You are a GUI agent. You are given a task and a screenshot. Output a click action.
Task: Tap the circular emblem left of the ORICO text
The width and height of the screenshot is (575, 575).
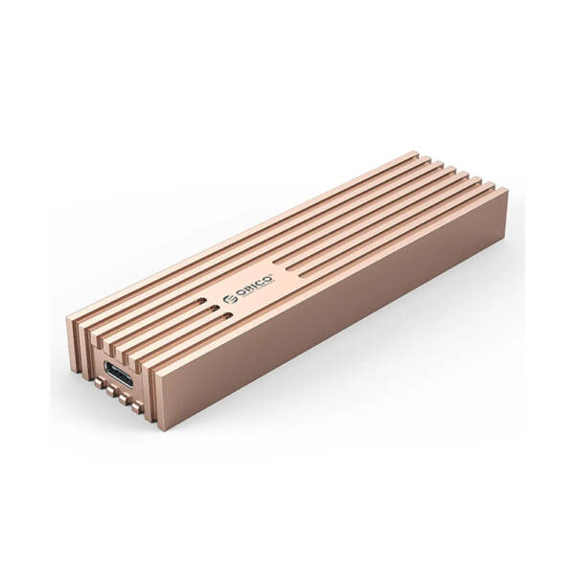pos(228,299)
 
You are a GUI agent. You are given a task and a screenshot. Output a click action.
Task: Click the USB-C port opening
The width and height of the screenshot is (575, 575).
pos(119,374)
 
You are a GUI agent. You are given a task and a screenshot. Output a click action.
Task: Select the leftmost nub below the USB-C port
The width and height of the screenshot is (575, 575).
pos(99,383)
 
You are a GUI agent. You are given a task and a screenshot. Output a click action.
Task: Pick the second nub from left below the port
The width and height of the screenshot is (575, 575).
pos(111,392)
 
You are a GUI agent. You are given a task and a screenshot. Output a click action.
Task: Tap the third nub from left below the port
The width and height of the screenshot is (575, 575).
pos(124,400)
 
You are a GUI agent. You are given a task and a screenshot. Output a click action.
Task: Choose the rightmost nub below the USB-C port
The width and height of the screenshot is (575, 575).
pos(136,407)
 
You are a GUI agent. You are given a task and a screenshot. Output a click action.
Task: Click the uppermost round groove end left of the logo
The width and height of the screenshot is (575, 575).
pos(201,302)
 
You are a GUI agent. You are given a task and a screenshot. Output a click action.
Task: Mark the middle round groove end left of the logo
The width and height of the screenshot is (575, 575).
pos(214,308)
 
